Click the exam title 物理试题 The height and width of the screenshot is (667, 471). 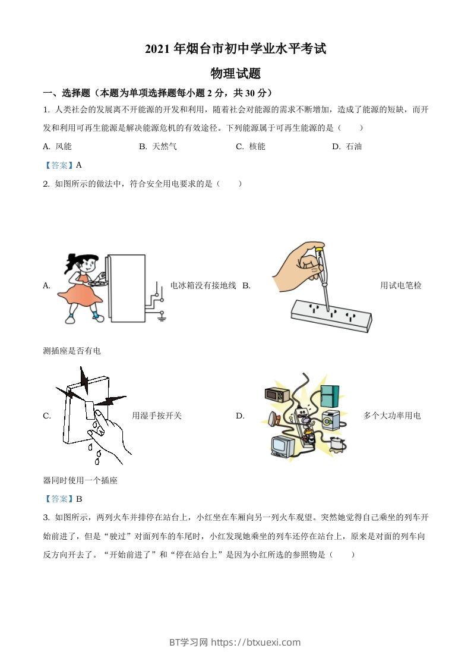coord(236,74)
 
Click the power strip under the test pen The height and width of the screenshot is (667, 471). coord(331,315)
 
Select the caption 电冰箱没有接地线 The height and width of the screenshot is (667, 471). coord(203,285)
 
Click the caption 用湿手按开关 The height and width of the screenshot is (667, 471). coord(157,416)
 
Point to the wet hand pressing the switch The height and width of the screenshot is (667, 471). coord(110,434)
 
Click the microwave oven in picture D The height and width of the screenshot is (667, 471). coord(277,395)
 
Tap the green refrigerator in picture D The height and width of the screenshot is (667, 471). coord(330,395)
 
